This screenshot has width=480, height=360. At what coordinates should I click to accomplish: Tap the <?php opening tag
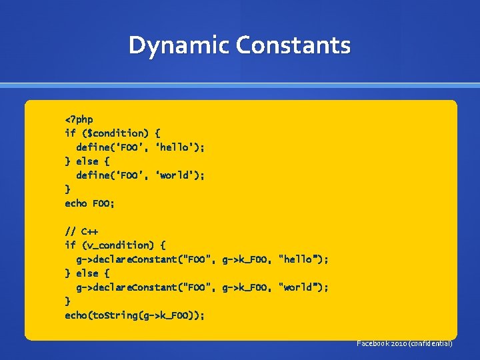coord(79,119)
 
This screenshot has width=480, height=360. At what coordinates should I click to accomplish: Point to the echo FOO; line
coord(89,203)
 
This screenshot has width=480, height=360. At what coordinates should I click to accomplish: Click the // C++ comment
coord(81,231)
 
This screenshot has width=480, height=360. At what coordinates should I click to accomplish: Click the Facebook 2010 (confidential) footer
coord(405,343)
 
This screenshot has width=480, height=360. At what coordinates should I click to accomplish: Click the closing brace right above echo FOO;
coord(67,189)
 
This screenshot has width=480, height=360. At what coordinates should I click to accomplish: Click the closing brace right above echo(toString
coord(67,301)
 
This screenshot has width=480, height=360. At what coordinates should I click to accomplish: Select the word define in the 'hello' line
coord(93,147)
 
